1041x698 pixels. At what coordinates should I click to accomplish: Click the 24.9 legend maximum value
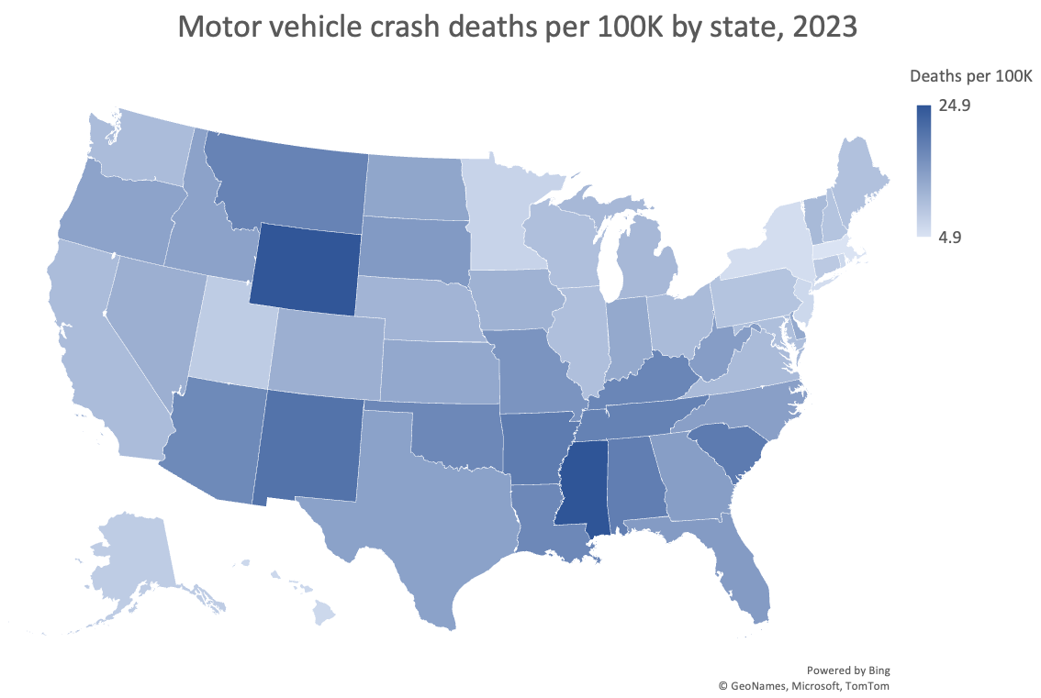pyautogui.click(x=955, y=105)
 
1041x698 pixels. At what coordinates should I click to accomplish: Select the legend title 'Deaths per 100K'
pyautogui.click(x=971, y=76)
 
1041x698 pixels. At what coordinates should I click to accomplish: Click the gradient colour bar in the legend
pyautogui.click(x=923, y=171)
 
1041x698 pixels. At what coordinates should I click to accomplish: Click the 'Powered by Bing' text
pyautogui.click(x=848, y=670)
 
